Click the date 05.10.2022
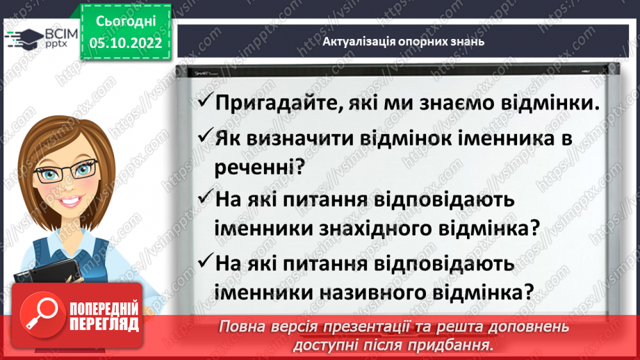(x=126, y=42)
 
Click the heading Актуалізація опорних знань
(x=403, y=41)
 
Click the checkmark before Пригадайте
(x=206, y=101)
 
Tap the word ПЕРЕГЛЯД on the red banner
(x=104, y=325)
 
